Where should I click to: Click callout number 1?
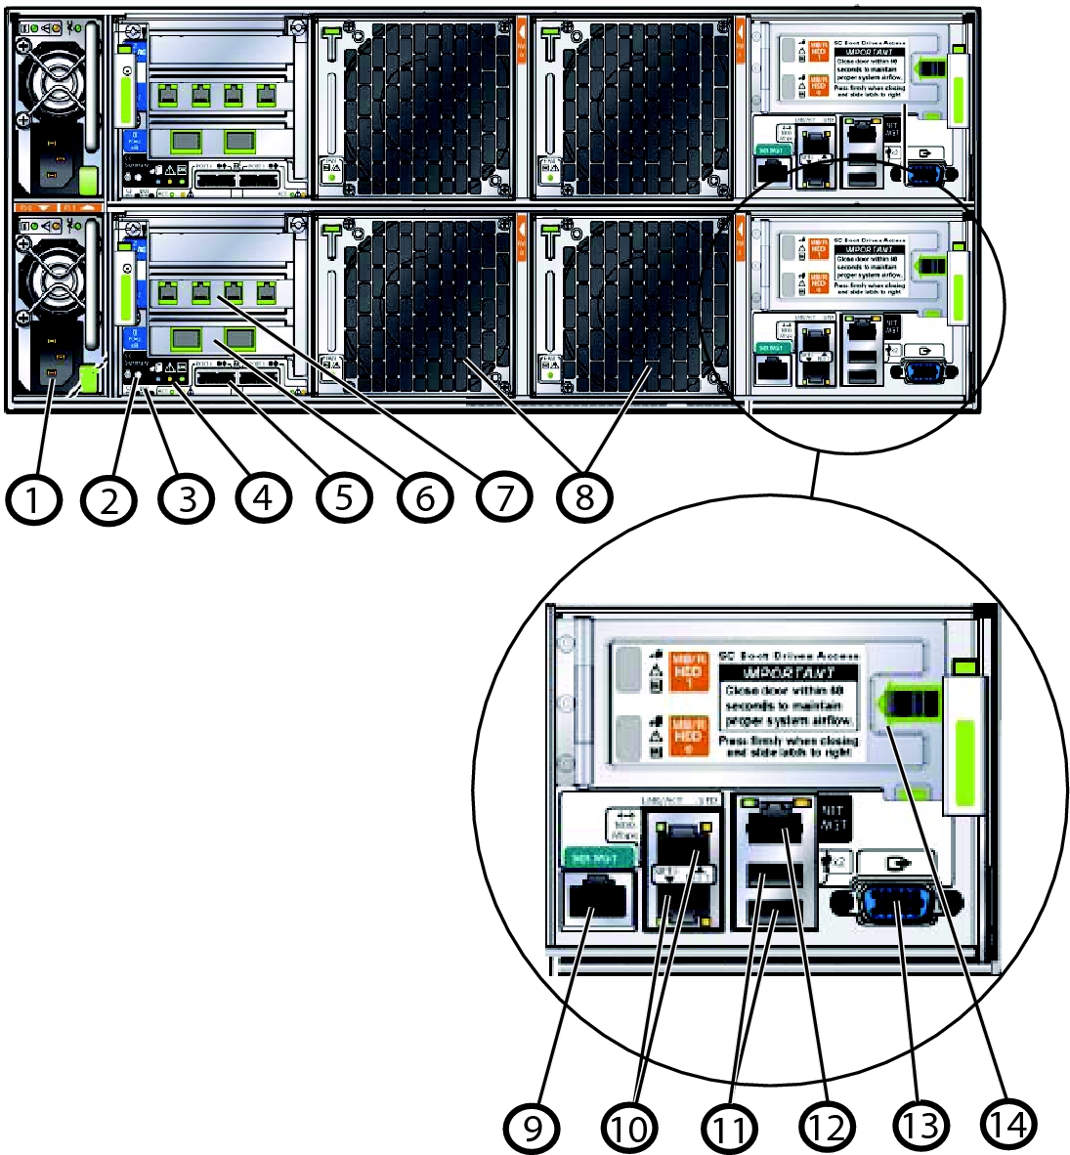click(x=31, y=499)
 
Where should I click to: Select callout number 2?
click(x=108, y=499)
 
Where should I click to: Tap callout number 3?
click(x=187, y=499)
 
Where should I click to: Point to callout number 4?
click(x=263, y=497)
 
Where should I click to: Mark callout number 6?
click(x=423, y=497)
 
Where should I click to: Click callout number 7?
click(x=502, y=497)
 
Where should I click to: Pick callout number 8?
click(x=584, y=497)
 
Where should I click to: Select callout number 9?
click(x=533, y=1128)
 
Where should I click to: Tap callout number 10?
click(x=630, y=1128)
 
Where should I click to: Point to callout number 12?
click(x=826, y=1126)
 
